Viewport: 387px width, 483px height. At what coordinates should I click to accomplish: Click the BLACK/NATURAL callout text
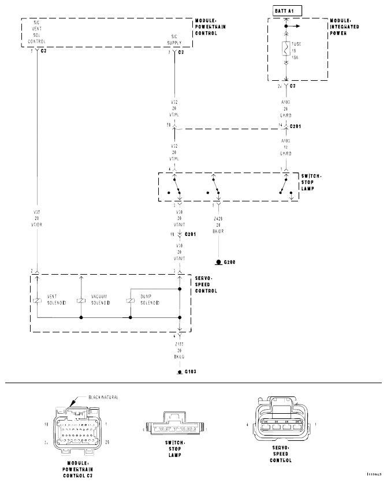104,397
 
